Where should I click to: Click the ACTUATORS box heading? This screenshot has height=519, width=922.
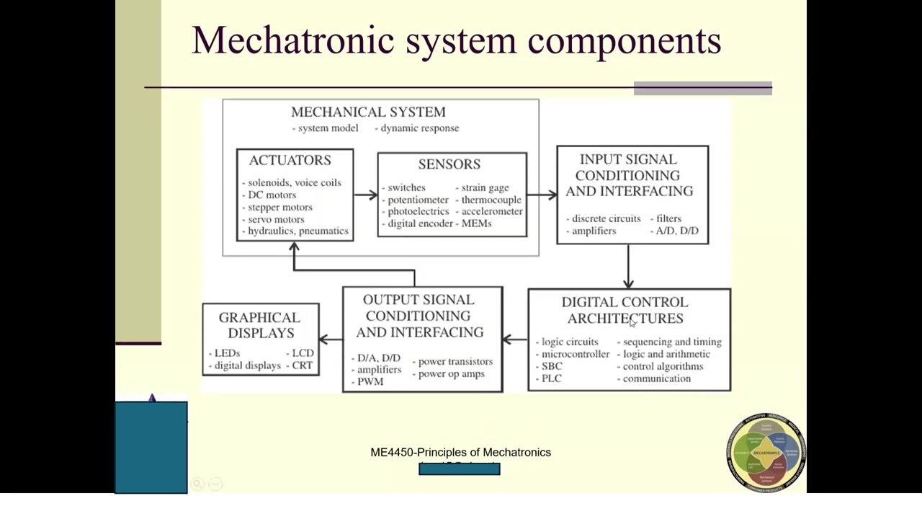pos(290,160)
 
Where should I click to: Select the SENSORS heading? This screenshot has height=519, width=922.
pos(449,164)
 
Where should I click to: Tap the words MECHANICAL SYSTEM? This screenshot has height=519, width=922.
pos(368,112)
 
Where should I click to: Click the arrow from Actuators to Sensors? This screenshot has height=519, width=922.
pos(366,195)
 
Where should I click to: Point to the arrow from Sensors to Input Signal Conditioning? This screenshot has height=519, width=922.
pos(542,195)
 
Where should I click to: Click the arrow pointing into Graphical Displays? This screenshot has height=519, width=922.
pos(331,339)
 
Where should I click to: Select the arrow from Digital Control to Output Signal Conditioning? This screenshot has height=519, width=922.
pos(515,339)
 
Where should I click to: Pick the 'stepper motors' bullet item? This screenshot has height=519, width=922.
pos(279,207)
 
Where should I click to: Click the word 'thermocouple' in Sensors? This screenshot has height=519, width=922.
pos(491,200)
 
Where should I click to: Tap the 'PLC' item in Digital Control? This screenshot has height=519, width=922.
pos(551,378)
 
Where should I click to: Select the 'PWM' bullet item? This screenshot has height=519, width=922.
pos(370,381)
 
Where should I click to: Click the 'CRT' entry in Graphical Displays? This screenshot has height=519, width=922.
pos(303,365)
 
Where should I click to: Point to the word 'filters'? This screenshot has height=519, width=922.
pos(668,218)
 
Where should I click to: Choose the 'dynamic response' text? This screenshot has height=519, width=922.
pos(419,128)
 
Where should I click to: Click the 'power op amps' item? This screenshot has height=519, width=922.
pos(451,373)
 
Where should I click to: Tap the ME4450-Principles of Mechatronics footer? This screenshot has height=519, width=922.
pos(460,452)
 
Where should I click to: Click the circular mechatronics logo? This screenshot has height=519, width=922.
pos(766,452)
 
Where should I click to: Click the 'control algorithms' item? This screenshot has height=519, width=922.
pos(663,366)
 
